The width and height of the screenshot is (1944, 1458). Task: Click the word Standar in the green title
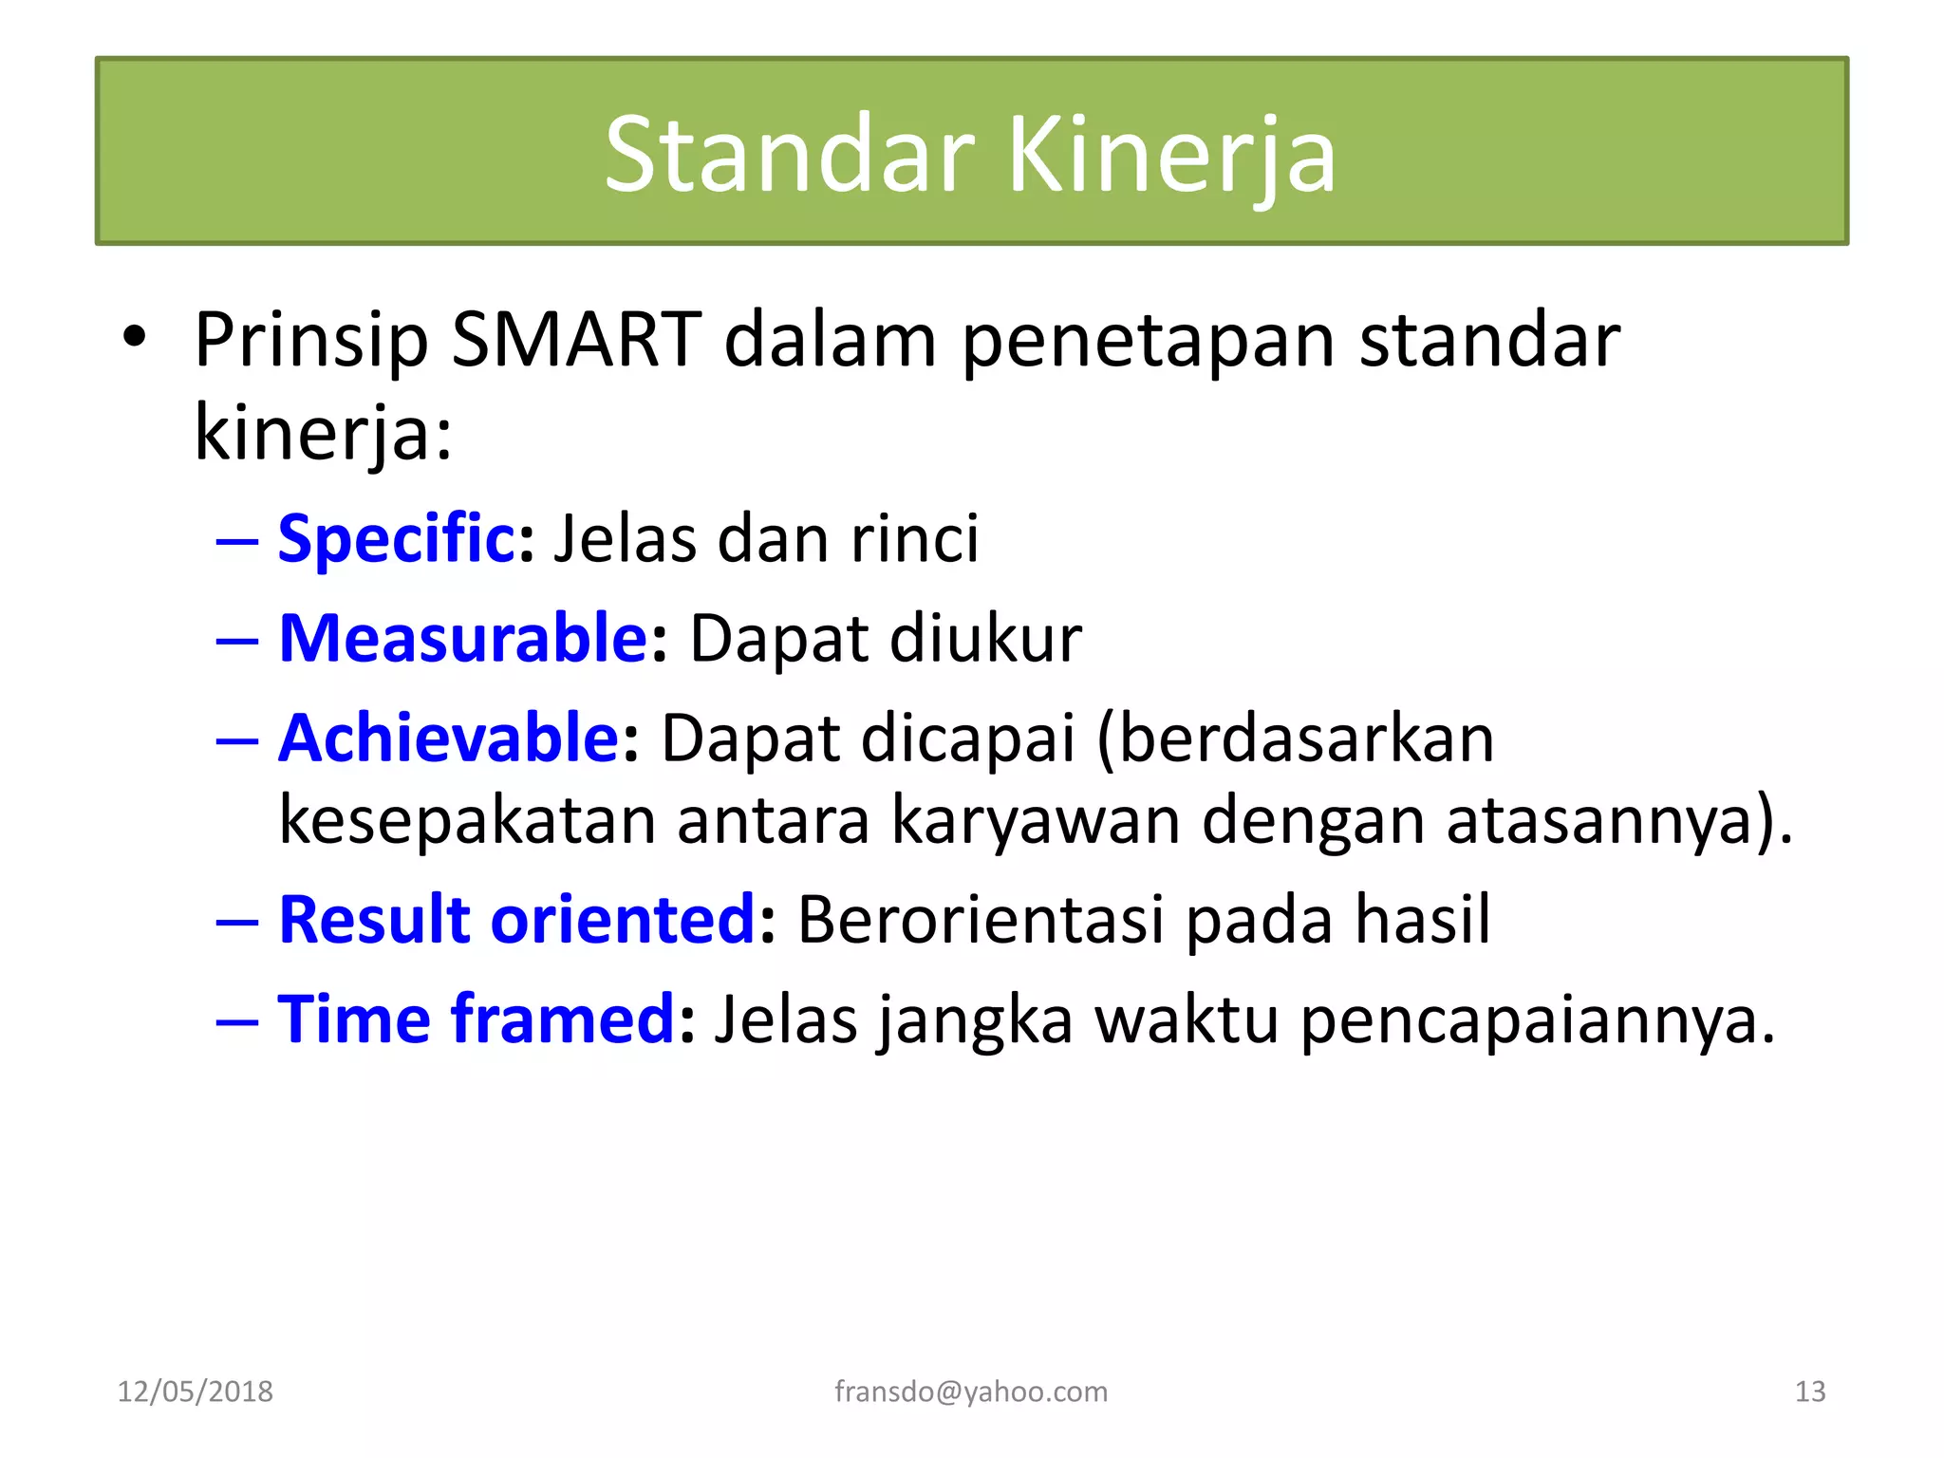tap(790, 155)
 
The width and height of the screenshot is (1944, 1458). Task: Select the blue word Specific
tap(396, 538)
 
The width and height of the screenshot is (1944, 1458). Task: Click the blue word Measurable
tap(463, 638)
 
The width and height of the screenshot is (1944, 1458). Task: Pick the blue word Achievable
tap(449, 738)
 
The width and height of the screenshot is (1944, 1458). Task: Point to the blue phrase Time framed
tap(476, 1019)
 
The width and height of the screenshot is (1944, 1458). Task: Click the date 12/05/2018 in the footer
tap(195, 1392)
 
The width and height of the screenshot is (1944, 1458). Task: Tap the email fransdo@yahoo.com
tap(971, 1392)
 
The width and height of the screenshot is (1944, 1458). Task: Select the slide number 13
tap(1810, 1392)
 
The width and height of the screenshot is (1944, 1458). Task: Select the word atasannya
tap(1610, 820)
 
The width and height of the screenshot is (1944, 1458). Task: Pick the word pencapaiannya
tap(1536, 1021)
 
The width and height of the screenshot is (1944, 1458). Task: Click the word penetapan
tap(1149, 342)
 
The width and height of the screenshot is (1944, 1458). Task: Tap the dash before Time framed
tap(237, 1021)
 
